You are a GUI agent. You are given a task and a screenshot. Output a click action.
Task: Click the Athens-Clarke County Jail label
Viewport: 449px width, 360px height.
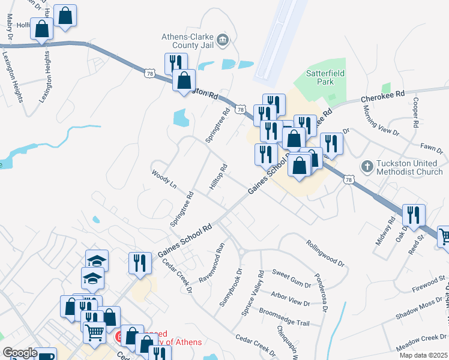coord(187,40)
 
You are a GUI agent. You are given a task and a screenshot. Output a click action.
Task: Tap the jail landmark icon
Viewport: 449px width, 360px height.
coord(223,40)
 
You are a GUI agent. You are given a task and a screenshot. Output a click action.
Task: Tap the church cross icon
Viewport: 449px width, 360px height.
coord(367,166)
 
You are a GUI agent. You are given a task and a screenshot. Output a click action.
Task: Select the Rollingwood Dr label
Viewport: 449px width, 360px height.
coord(324,253)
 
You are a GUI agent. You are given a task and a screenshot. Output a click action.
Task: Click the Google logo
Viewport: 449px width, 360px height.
coord(19,353)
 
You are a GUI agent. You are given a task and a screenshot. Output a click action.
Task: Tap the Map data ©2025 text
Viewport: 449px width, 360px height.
coord(423,355)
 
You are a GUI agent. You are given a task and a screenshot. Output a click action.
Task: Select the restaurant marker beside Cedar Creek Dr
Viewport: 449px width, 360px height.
coord(139,263)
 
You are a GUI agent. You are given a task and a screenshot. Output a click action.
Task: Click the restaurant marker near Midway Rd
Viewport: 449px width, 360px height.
coord(413,215)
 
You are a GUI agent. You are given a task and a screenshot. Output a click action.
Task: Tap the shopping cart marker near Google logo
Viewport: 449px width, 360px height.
coord(94,332)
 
